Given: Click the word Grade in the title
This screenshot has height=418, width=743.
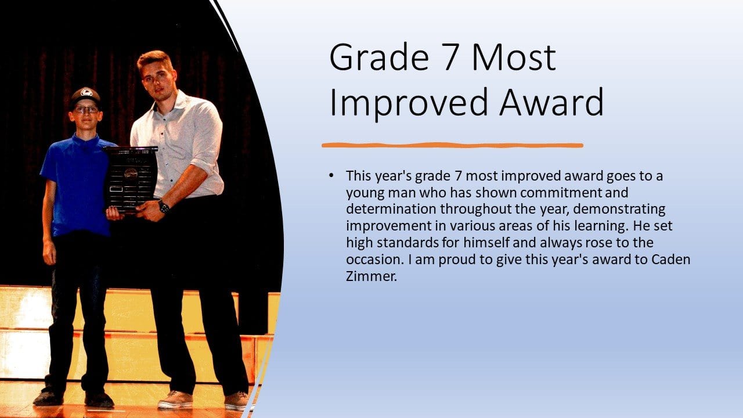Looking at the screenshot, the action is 379,57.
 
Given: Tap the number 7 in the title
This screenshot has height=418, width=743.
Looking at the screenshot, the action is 452,57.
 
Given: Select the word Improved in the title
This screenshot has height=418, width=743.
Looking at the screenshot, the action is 409,103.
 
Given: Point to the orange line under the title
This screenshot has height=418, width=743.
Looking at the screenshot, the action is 452,145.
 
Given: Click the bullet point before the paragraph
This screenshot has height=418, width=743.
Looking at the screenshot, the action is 331,175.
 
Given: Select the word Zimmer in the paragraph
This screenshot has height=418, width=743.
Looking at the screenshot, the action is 370,276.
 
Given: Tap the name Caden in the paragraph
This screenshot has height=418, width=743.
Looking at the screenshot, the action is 670,259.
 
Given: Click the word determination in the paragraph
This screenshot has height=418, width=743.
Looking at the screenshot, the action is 391,209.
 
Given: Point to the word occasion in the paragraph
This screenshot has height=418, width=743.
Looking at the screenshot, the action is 373,259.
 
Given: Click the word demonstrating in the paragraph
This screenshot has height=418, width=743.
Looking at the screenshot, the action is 619,210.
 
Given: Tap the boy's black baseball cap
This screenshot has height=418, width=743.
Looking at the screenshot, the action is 85,97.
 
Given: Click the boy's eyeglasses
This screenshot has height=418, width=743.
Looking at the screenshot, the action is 86,109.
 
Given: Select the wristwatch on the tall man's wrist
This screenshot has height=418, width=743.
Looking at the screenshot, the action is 163,206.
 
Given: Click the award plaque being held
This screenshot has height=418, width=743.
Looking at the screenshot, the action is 131,178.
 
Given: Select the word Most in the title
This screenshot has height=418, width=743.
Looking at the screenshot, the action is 514,57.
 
